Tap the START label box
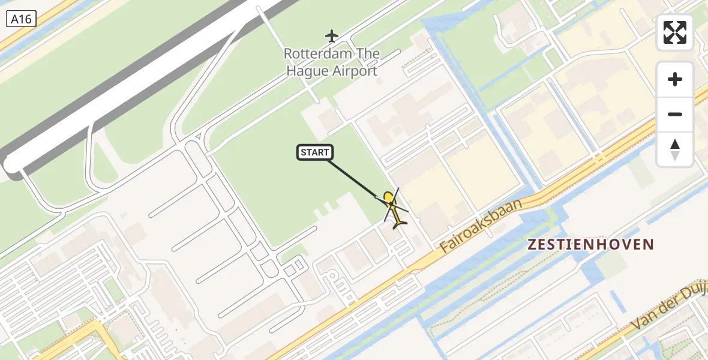[315, 152]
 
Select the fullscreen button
[675, 32]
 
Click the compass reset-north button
[675, 149]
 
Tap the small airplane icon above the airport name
[332, 36]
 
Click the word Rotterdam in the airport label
[316, 53]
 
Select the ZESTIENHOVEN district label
[590, 244]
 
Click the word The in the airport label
[368, 53]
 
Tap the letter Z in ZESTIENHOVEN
[532, 244]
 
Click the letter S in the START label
[304, 152]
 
